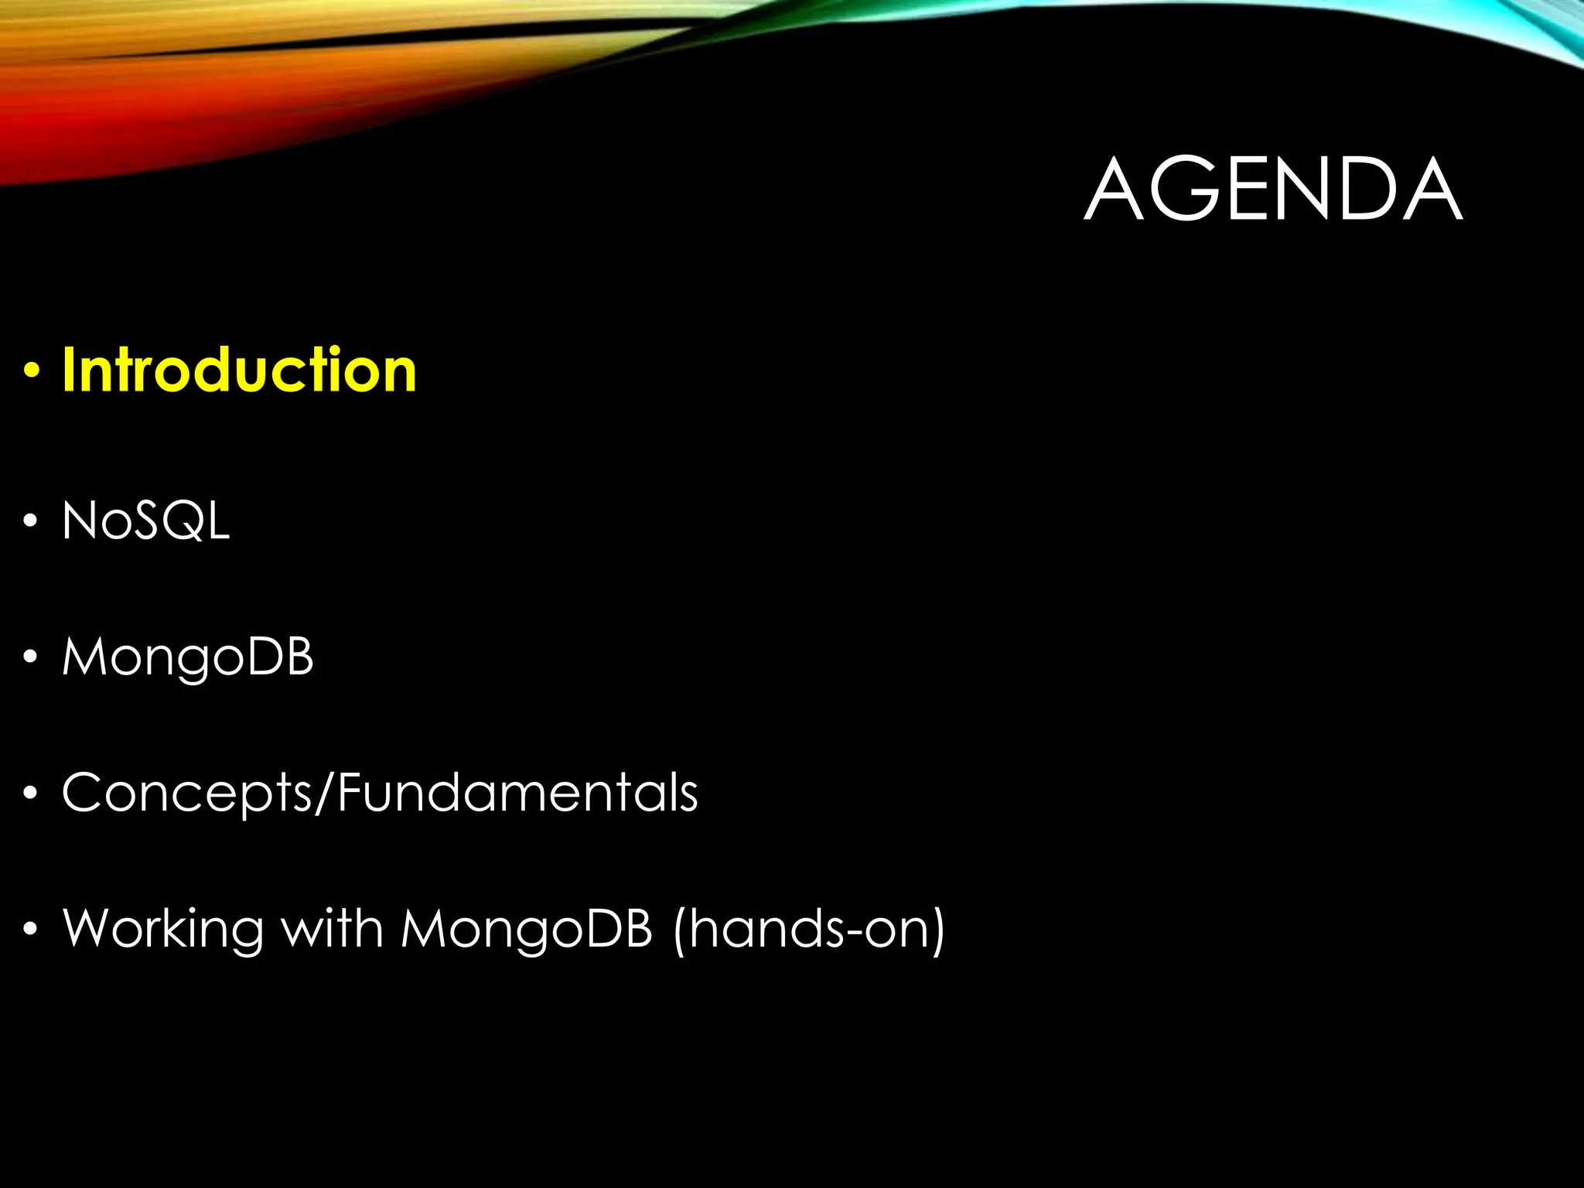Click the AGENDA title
click(1272, 189)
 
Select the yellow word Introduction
click(239, 370)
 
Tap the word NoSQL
click(145, 521)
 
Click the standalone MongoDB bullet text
click(188, 657)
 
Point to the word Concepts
click(186, 793)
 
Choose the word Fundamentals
click(517, 793)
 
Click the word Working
click(163, 928)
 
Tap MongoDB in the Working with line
click(527, 928)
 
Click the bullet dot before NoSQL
click(30, 522)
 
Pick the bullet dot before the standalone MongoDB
click(30, 658)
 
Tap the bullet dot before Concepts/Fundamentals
click(30, 794)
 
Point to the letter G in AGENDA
click(1186, 189)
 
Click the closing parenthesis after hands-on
click(937, 930)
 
